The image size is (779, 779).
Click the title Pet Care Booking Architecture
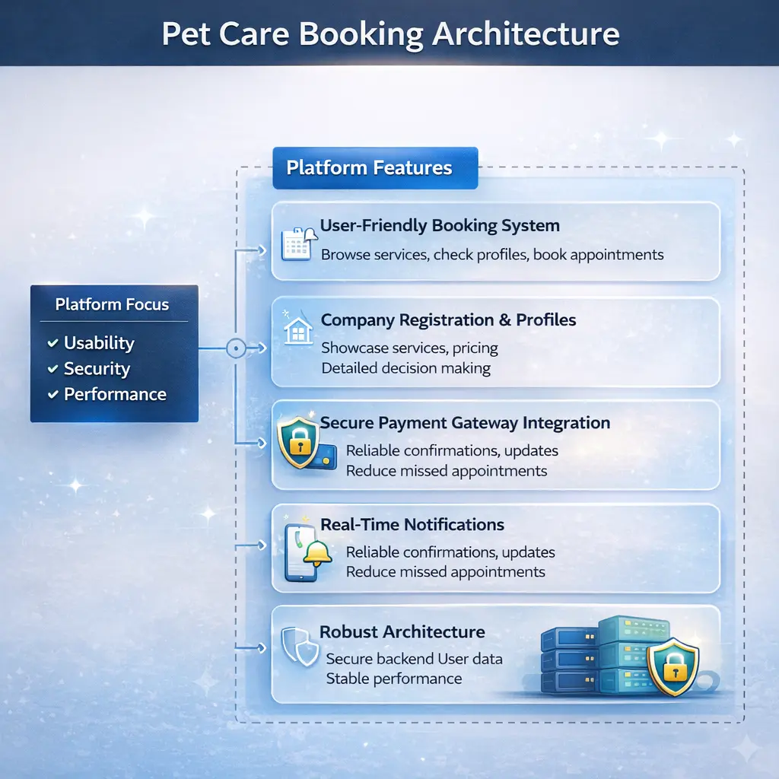pos(389,33)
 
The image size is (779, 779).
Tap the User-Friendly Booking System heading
pos(440,226)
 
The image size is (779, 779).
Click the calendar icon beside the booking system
pos(295,244)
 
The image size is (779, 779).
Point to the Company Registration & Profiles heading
pos(448,320)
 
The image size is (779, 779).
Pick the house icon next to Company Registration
pos(298,332)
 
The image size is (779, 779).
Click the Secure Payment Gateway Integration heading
pos(465,423)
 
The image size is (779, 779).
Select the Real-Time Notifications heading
pos(412,525)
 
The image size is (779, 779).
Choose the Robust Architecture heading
pos(402,632)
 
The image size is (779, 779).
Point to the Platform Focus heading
pos(113,305)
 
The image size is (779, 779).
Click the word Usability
pos(99,343)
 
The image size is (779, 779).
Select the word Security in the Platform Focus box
pos(97,369)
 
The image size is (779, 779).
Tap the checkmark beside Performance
pos(52,394)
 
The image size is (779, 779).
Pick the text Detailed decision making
pos(405,369)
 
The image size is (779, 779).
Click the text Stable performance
pos(394,679)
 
